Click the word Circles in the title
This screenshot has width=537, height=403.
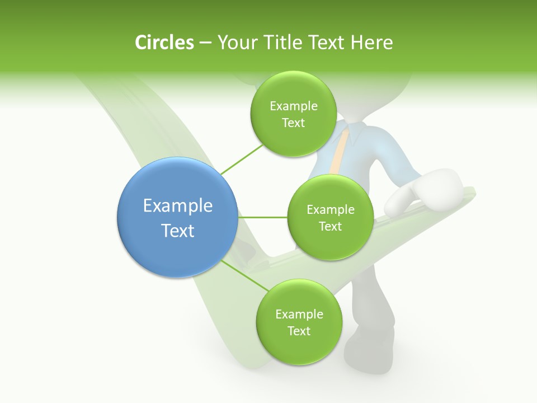(164, 43)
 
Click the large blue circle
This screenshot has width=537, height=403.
(177, 218)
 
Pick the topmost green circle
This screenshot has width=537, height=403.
(293, 114)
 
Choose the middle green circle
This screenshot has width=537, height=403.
(330, 217)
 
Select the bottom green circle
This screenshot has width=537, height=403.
(299, 322)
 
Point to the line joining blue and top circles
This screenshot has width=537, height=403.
(242, 159)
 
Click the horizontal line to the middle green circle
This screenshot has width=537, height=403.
(262, 217)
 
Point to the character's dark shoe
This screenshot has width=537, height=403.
(369, 347)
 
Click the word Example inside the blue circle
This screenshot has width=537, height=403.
(177, 206)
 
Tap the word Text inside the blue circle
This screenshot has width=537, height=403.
(177, 231)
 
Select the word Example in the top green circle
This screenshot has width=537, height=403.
(293, 106)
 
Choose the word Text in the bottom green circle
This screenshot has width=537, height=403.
(299, 331)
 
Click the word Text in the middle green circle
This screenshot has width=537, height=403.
(330, 226)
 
